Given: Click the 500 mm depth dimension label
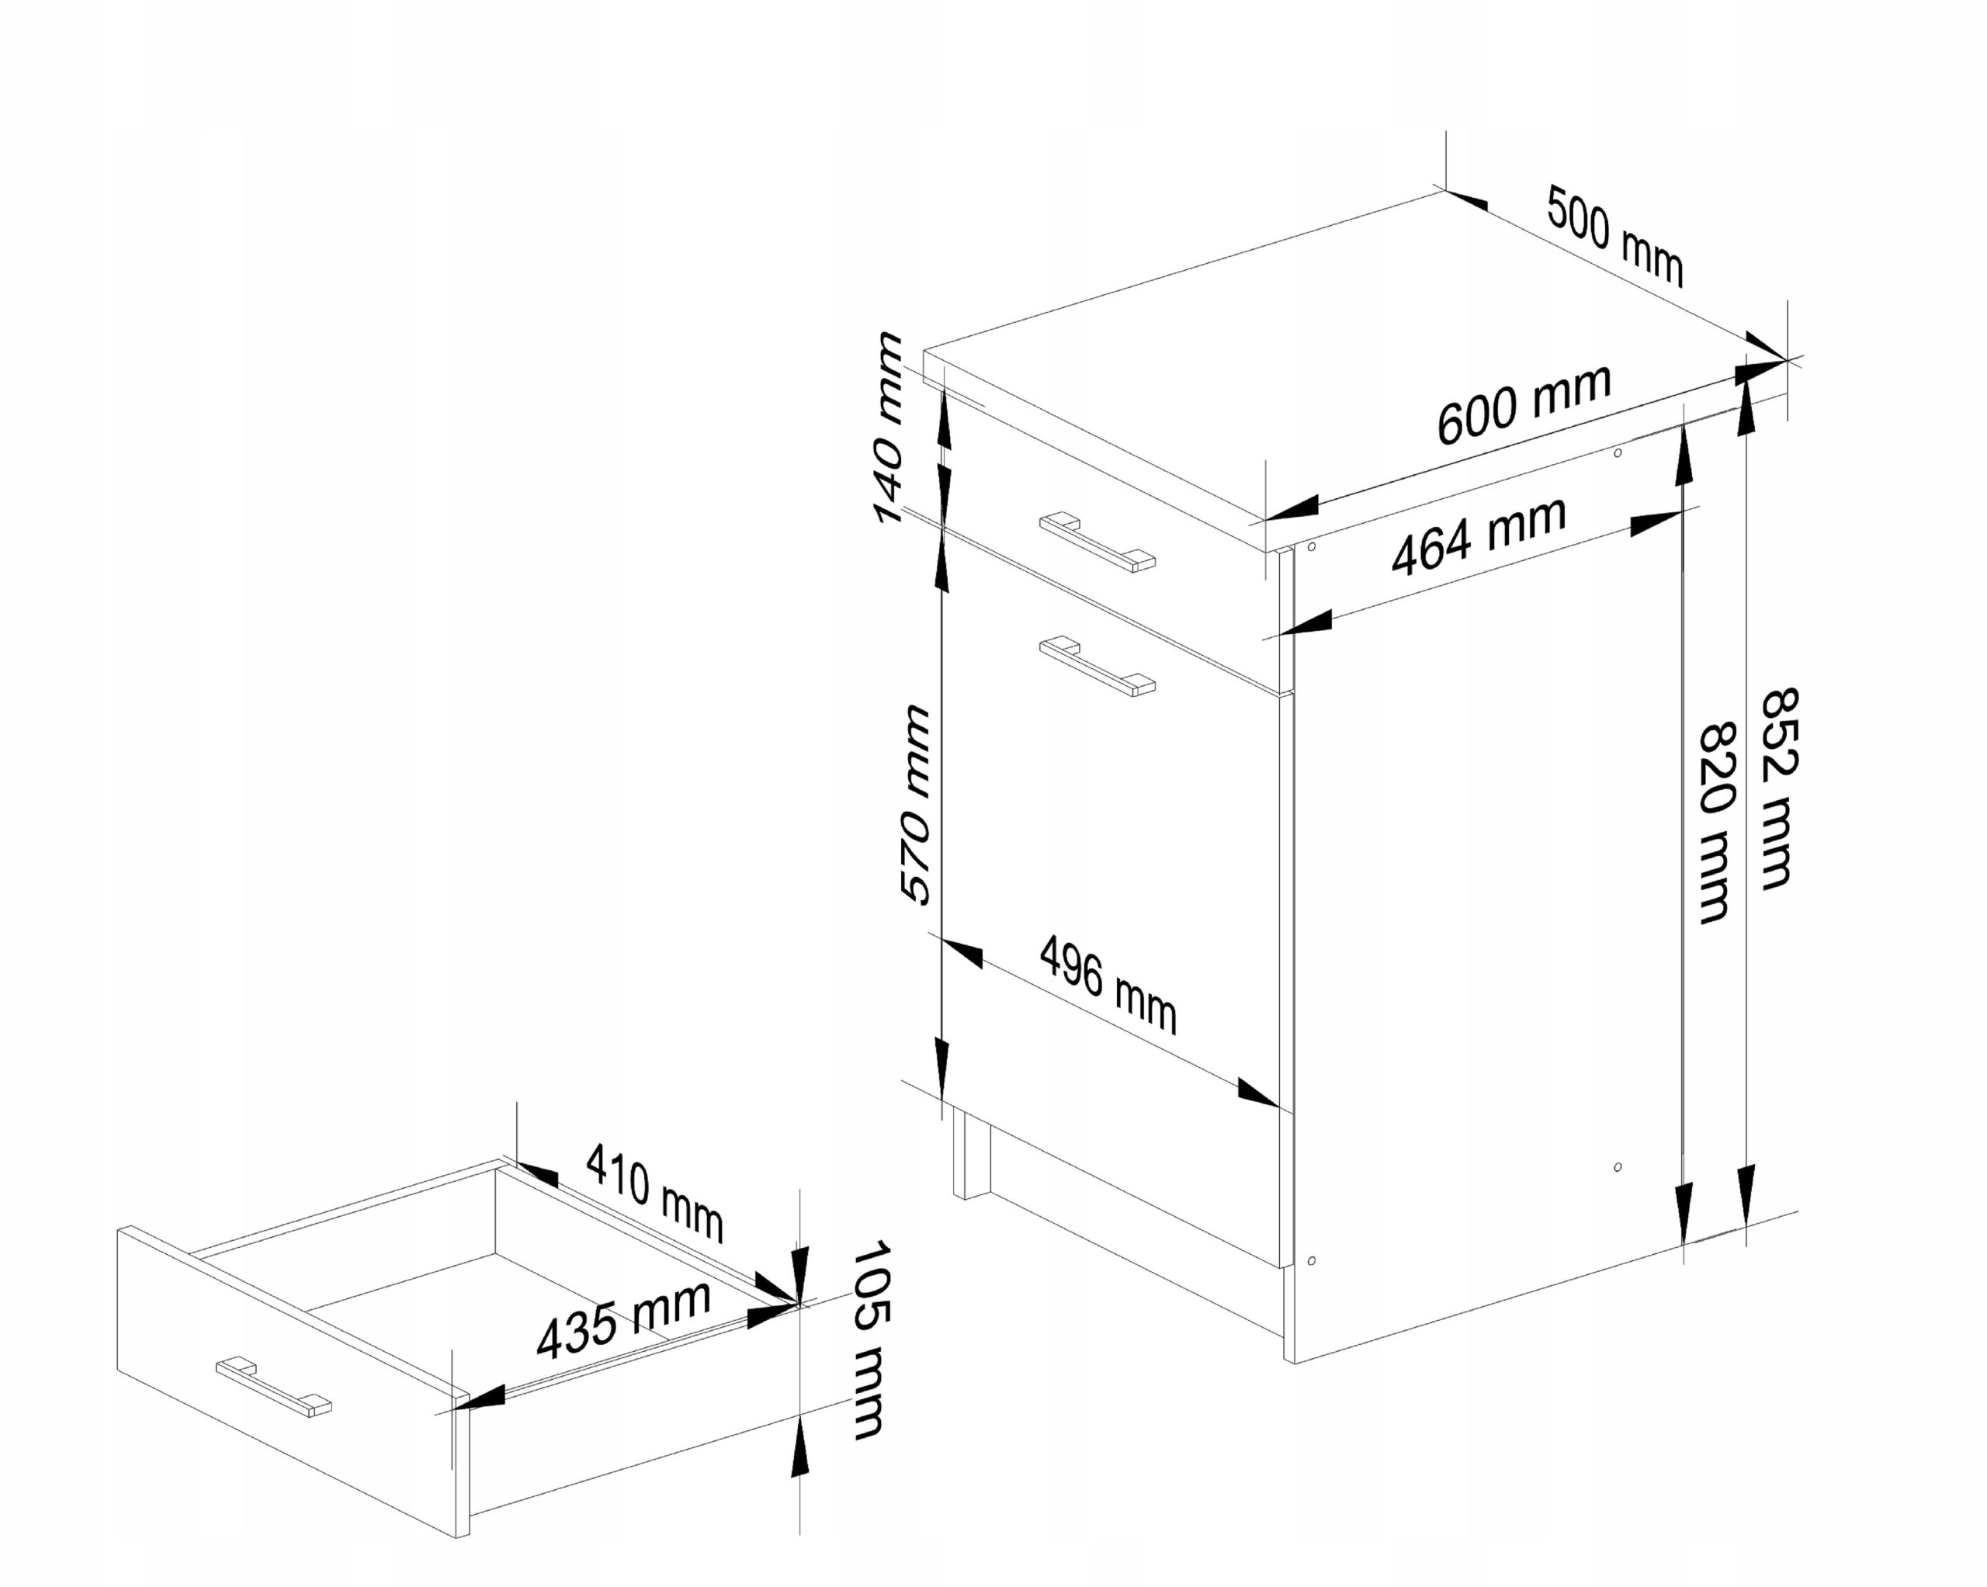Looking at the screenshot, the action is click(x=1614, y=236).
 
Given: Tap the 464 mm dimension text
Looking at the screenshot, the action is click(x=1479, y=535).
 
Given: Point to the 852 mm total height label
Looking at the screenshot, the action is click(x=1777, y=788).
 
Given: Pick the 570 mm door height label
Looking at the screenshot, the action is click(x=915, y=804).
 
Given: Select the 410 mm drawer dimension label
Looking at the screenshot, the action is click(x=655, y=1193).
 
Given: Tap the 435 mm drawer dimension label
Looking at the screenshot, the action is click(x=624, y=1322).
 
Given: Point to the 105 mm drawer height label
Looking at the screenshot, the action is click(x=869, y=1341).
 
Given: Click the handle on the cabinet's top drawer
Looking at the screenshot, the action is click(x=1097, y=542).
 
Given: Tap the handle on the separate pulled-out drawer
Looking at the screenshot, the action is click(x=272, y=1386).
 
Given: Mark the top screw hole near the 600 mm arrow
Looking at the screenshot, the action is click(x=1618, y=452).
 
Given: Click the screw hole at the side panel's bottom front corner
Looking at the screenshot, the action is click(x=1312, y=1260).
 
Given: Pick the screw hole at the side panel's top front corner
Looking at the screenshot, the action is click(x=1312, y=547).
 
